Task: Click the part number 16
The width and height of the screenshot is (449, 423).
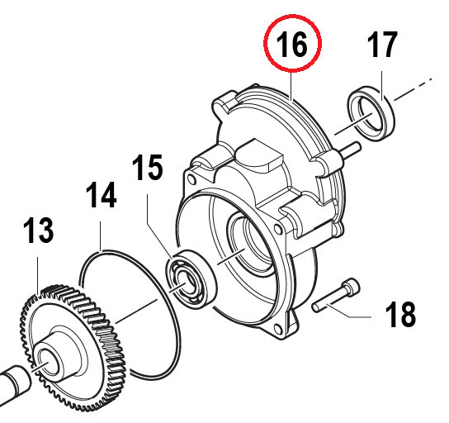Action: [x=291, y=45]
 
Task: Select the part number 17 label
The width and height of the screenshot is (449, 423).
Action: [x=383, y=45]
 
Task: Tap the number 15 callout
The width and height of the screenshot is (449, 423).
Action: [x=148, y=168]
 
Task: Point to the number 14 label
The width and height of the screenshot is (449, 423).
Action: [x=102, y=195]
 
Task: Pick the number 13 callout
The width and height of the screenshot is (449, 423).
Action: [x=38, y=231]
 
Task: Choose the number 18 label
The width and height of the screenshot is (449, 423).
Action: [x=400, y=314]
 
